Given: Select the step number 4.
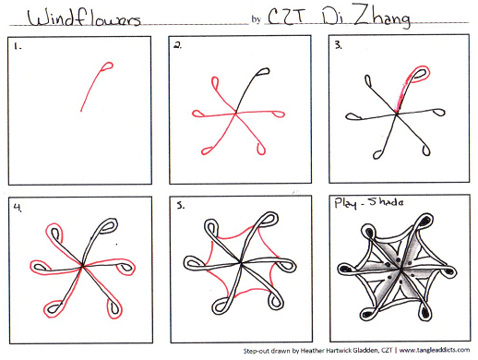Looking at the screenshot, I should point(16,207).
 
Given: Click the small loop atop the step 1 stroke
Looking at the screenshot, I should point(106,67).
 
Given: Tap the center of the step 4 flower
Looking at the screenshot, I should point(84,267).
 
